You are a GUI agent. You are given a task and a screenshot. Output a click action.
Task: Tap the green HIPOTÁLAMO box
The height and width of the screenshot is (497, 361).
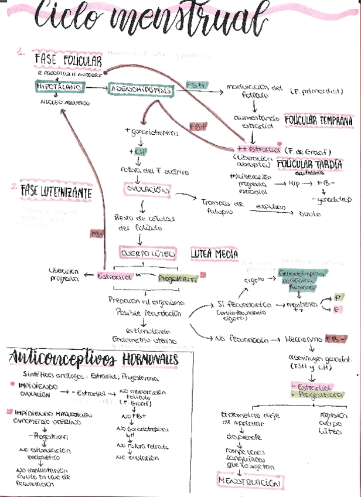pyautogui.click(x=60, y=87)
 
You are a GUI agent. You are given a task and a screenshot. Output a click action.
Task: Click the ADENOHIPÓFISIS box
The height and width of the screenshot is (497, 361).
pyautogui.click(x=141, y=90)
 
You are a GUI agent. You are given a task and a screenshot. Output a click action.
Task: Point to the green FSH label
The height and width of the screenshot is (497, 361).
pyautogui.click(x=195, y=86)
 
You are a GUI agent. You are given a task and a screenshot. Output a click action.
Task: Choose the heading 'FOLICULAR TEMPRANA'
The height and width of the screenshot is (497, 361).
pyautogui.click(x=319, y=121)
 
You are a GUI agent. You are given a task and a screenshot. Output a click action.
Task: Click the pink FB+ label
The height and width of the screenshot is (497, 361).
pyautogui.click(x=197, y=127)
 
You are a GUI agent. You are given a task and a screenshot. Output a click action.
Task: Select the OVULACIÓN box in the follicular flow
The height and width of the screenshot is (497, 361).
pyautogui.click(x=147, y=190)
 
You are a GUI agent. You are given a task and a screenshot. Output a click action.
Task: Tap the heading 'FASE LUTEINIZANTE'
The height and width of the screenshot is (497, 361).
pyautogui.click(x=56, y=191)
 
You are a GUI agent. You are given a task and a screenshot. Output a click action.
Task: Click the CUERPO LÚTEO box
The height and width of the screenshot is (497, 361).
pyautogui.click(x=147, y=254)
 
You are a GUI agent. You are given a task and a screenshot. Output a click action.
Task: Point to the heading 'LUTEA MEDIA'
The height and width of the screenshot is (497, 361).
pyautogui.click(x=214, y=254)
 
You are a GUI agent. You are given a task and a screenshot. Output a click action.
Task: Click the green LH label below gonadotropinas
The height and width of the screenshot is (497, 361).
pyautogui.click(x=139, y=152)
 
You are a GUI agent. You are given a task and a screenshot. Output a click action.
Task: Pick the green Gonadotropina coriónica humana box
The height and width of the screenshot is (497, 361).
pyautogui.click(x=298, y=281)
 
